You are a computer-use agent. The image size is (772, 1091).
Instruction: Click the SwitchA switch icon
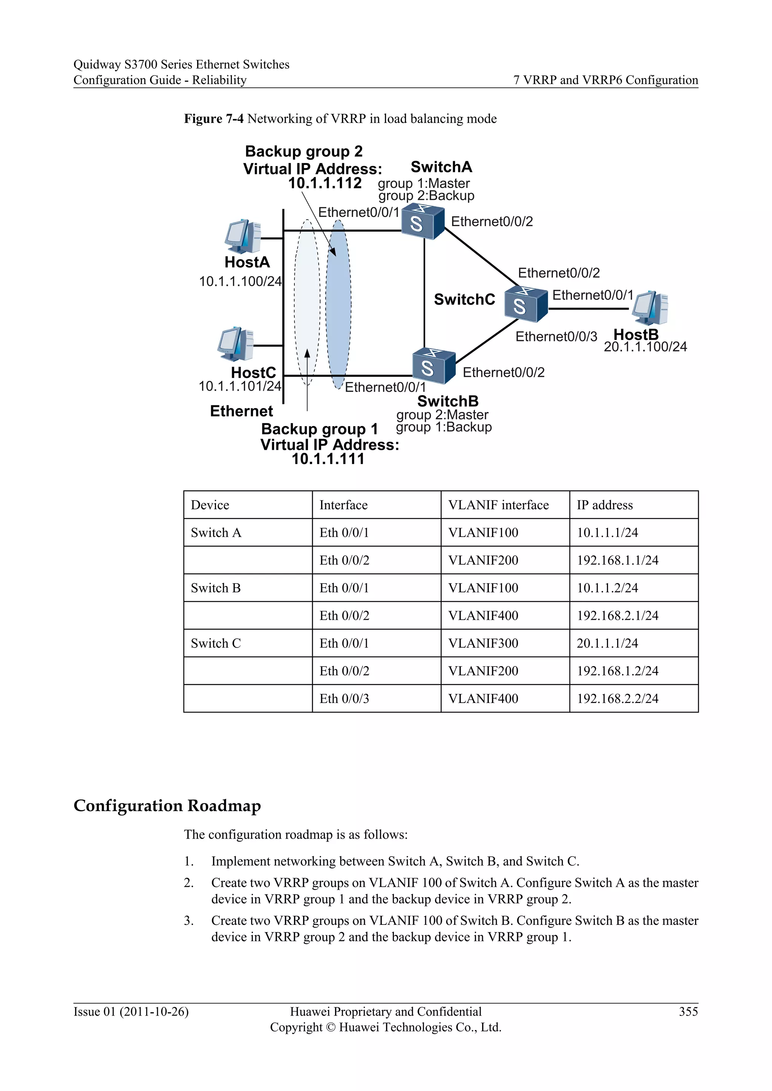(422, 222)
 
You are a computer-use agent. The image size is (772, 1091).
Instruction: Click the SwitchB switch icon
(433, 366)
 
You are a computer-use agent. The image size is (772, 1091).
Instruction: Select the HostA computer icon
(243, 237)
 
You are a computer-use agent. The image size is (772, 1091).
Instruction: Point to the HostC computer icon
(235, 344)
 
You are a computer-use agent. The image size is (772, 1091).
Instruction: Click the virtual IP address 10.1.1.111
(328, 459)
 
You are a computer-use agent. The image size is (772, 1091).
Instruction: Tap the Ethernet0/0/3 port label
(556, 337)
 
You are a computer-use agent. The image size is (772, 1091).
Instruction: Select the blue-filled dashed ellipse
(339, 304)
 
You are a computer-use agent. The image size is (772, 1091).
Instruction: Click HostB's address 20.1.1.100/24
(645, 347)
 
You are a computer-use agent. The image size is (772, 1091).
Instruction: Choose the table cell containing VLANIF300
(483, 643)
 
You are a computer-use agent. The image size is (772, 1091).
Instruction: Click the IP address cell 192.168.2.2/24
(617, 698)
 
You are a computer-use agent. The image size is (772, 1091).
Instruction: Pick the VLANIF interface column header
(498, 505)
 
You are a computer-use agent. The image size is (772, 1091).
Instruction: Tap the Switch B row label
(216, 588)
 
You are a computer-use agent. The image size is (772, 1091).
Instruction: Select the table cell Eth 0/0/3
(344, 698)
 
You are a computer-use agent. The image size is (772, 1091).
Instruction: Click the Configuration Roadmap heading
(167, 806)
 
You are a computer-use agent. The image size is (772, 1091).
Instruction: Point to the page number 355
(688, 1012)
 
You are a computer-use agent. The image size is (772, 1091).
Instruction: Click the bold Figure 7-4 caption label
(213, 119)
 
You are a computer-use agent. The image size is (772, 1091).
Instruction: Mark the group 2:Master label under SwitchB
(442, 415)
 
